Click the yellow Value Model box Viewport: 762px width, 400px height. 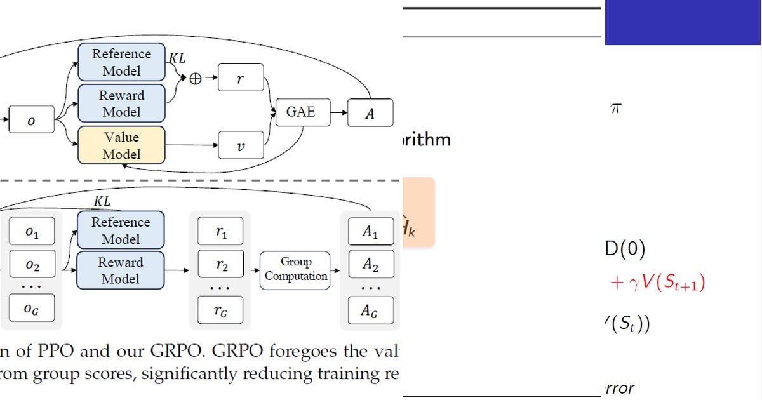click(x=121, y=145)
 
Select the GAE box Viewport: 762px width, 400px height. click(x=300, y=112)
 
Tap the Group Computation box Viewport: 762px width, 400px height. click(x=296, y=269)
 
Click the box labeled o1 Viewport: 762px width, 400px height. click(x=32, y=234)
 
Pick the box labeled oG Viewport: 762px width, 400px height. click(x=32, y=308)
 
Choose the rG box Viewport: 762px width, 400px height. click(x=220, y=309)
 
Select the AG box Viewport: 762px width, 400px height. click(x=370, y=310)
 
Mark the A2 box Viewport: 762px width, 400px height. click(x=370, y=265)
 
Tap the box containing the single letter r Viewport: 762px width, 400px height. click(x=240, y=79)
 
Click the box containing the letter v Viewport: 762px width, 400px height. click(x=240, y=145)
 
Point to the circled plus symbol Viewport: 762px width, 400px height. click(x=197, y=79)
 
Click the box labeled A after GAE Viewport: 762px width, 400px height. click(x=370, y=114)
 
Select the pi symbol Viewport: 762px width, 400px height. click(x=615, y=109)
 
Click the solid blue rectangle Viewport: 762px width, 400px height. click(x=683, y=22)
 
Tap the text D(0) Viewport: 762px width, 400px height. click(x=625, y=250)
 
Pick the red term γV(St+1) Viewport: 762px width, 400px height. click(x=658, y=283)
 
